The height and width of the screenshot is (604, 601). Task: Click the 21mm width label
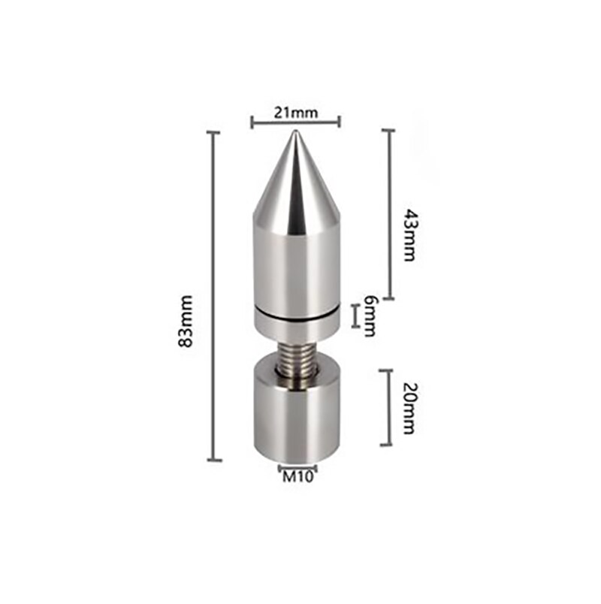tap(295, 113)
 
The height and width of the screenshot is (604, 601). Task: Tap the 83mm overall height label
tap(188, 321)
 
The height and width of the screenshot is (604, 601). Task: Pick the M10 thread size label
tap(297, 475)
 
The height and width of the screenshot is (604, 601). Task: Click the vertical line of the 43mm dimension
tap(388, 214)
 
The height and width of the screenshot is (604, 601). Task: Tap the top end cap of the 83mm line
tap(214, 132)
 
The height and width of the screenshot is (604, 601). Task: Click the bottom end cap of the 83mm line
tap(214, 460)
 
